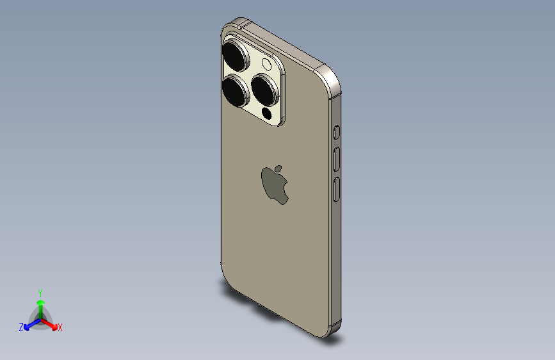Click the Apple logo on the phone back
pos(275,186)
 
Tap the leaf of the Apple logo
pos(280,168)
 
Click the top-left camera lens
pos(235,56)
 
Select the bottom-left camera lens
pos(236,90)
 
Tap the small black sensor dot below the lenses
pos(268,114)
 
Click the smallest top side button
pos(337,133)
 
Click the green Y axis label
pos(40,291)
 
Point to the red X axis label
pos(60,328)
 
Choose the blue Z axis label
pos(21,327)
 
